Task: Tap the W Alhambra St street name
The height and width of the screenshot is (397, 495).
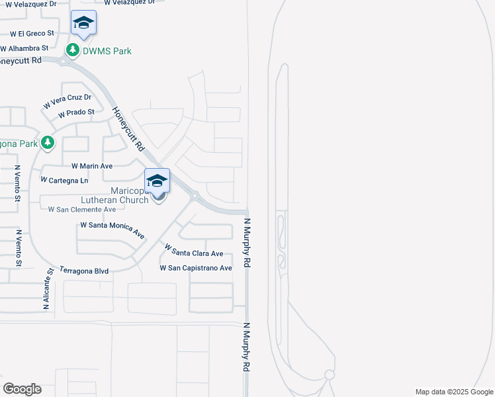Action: [x=24, y=48]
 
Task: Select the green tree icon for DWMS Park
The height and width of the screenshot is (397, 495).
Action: [x=72, y=50]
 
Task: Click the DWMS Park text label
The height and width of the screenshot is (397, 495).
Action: [x=107, y=51]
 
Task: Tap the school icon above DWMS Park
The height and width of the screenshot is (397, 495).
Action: [x=84, y=24]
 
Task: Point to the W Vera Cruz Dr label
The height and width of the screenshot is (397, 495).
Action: [x=67, y=101]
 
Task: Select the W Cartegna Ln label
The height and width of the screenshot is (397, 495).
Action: [x=64, y=180]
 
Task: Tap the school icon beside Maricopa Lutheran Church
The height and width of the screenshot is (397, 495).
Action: [x=157, y=180]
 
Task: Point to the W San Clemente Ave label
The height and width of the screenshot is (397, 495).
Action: [x=82, y=209]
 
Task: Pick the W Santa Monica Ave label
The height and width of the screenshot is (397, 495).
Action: [x=112, y=229]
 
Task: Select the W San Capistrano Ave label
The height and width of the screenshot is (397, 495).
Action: [x=196, y=268]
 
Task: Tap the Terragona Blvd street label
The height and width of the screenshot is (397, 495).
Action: [x=83, y=271]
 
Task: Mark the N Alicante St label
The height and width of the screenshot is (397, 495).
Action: [x=48, y=289]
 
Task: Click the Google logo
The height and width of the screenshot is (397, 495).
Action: [x=22, y=389]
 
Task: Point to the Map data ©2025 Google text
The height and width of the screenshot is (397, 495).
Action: [x=454, y=392]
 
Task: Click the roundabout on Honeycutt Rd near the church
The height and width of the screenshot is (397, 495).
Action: [x=195, y=196]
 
